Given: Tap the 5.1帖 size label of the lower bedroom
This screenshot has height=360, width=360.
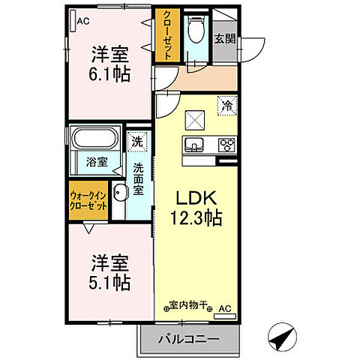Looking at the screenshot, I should point(110,283).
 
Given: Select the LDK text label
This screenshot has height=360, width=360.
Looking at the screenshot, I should point(196,198).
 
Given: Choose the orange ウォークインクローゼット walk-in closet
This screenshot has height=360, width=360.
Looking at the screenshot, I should point(88,201).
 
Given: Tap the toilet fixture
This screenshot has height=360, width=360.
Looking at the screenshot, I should point(196,31).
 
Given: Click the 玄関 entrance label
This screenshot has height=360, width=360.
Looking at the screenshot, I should point(223,37).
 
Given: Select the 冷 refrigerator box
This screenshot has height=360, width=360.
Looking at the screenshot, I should point(226,106).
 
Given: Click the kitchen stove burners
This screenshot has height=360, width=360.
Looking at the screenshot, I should point(226,144).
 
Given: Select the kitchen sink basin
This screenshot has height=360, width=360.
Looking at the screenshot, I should point(192,144).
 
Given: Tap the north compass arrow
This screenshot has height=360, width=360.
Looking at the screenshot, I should point(279,337).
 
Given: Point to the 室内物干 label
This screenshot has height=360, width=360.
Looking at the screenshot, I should point(187,306).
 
